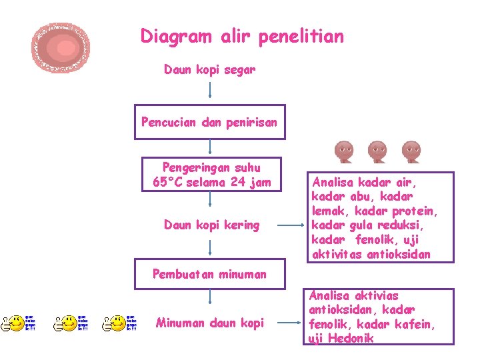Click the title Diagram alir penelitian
242,36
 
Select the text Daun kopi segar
209,69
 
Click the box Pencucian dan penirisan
209,122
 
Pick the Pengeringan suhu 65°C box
211,175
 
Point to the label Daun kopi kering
211,225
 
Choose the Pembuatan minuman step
209,273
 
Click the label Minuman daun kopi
209,323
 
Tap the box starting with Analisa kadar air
377,217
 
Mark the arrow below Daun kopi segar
210,89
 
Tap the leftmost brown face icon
344,153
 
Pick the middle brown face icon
377,153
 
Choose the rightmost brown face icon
411,153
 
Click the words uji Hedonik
341,339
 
